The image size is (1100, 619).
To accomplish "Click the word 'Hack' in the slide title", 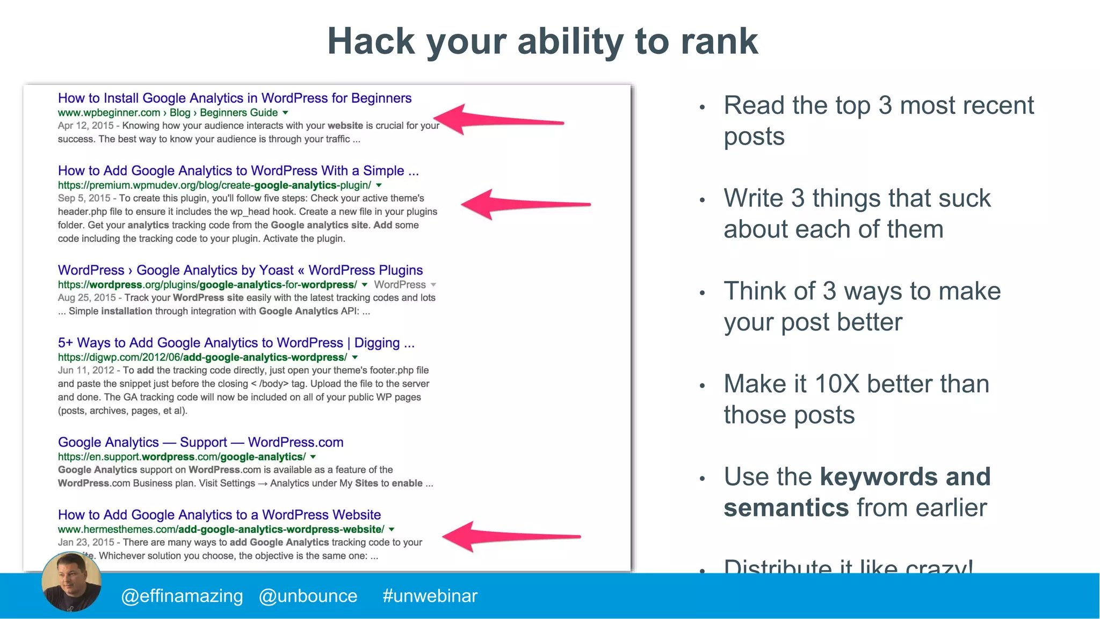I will point(371,42).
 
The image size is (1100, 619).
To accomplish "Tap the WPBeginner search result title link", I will point(234,98).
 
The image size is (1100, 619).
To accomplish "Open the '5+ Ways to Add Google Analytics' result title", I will point(236,343).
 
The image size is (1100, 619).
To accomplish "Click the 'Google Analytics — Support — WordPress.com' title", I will point(200,442).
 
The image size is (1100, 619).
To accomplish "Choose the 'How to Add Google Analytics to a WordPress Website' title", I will point(219,515).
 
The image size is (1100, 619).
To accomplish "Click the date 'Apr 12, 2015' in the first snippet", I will point(85,126).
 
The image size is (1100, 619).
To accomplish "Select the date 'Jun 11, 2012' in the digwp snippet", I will point(86,370).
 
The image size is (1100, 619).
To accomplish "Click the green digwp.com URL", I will point(202,357).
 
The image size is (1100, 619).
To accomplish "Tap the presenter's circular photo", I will point(71,582).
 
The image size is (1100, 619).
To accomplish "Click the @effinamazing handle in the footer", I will point(182,596).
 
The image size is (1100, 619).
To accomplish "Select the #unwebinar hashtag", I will point(430,596).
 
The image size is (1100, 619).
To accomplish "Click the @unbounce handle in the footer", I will point(308,596).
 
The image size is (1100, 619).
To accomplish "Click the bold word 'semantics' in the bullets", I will point(786,508).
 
